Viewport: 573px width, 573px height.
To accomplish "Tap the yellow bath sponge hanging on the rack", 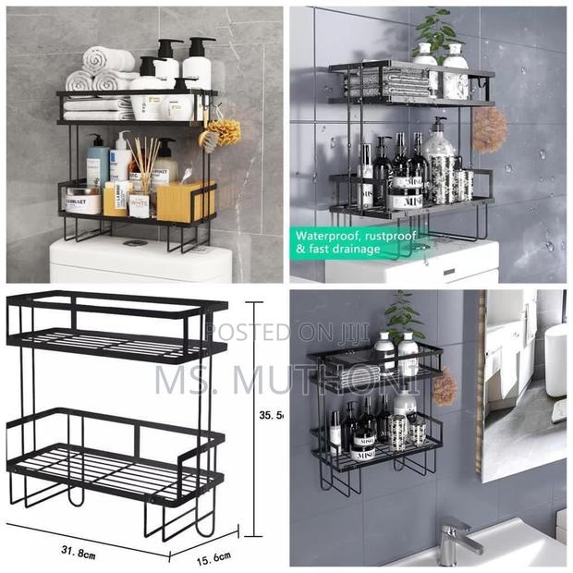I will click(x=221, y=132).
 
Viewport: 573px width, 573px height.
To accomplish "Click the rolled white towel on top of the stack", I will click(x=107, y=60).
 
